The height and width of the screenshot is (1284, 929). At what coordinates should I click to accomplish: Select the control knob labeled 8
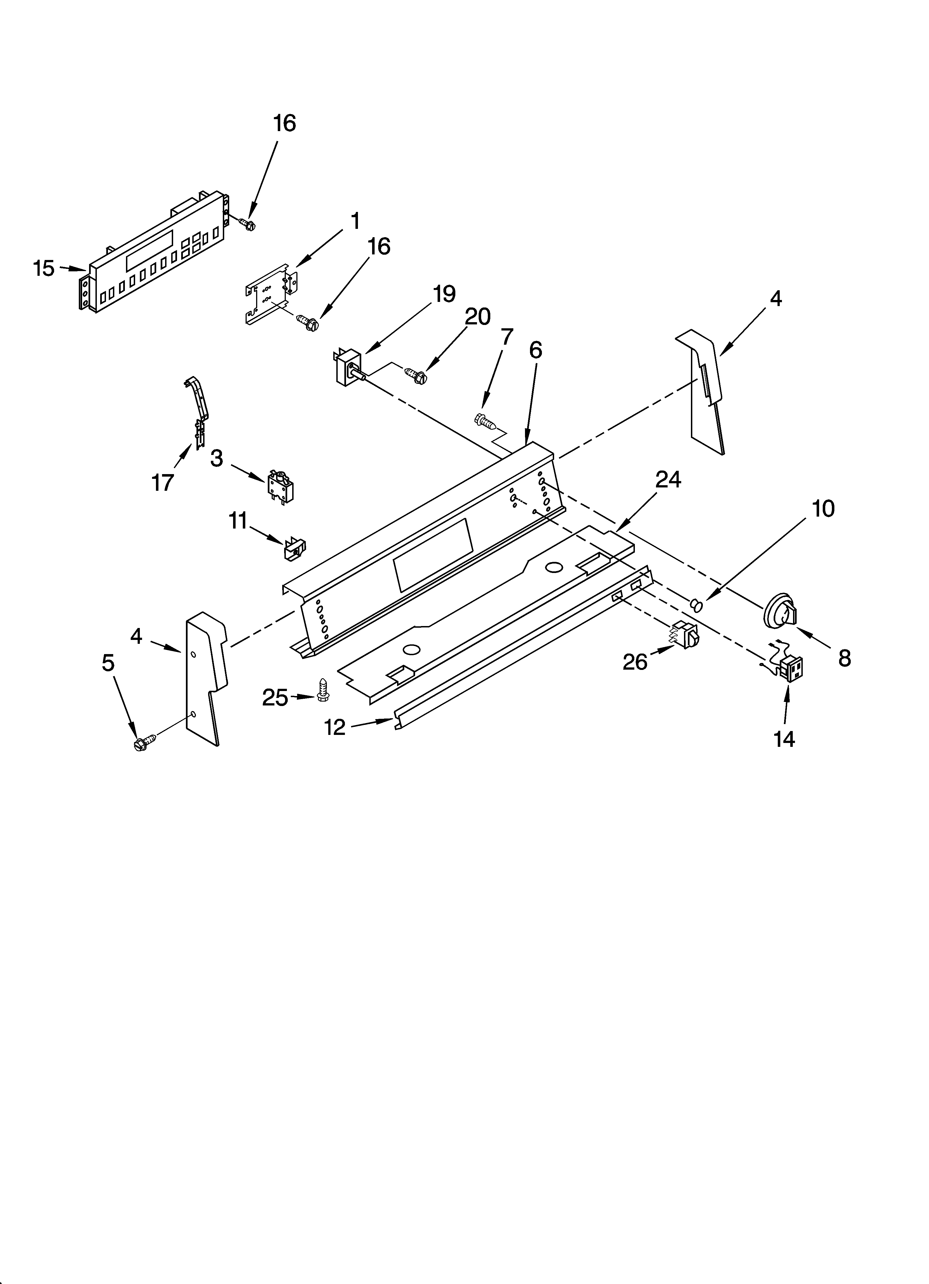pyautogui.click(x=781, y=611)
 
